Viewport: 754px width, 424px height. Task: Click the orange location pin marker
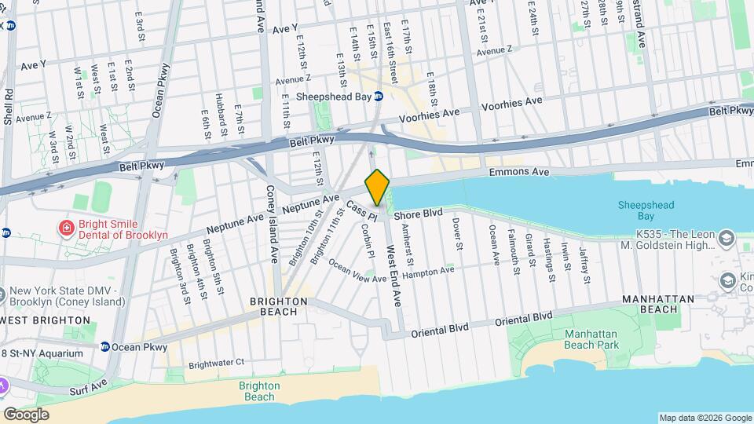pos(377,187)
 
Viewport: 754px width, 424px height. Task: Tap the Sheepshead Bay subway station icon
pos(378,97)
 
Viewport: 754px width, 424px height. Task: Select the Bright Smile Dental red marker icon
pos(68,228)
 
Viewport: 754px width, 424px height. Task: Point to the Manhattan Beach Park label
pos(591,339)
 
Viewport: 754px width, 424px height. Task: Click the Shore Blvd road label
pos(419,213)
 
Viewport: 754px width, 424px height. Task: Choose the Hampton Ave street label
pos(433,271)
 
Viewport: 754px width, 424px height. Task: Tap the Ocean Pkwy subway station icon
pos(104,346)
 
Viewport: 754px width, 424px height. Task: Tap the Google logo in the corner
pos(26,414)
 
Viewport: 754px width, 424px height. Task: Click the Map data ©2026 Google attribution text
pos(705,418)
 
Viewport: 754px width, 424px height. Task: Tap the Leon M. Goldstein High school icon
pos(727,236)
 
